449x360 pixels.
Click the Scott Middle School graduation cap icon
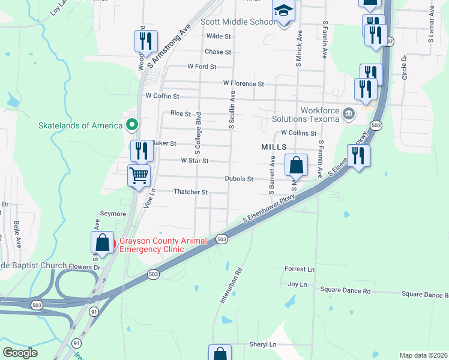coord(283,11)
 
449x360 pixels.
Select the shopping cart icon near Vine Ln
coord(139,176)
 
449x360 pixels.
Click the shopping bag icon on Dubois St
coord(297,165)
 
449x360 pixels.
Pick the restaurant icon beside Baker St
coord(141,150)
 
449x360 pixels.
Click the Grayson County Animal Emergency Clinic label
coord(163,245)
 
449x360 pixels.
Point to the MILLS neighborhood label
coord(273,147)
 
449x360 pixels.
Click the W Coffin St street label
coord(162,96)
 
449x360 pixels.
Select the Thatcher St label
coord(190,192)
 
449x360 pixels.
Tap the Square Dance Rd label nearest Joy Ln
coord(345,291)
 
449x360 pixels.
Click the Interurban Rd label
coord(231,285)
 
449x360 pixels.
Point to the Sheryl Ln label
coord(264,344)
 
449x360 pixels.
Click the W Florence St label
coord(243,83)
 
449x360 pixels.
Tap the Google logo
coord(20,353)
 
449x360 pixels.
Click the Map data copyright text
coord(423,355)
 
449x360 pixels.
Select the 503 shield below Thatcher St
coord(221,239)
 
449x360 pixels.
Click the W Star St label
coord(194,161)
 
